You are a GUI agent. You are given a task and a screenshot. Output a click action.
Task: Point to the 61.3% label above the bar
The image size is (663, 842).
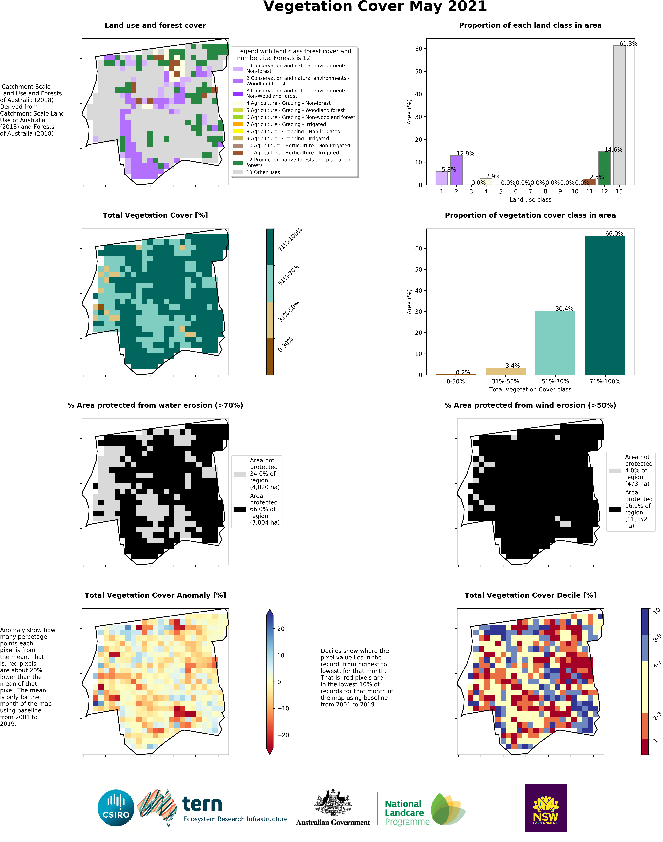[x=628, y=43]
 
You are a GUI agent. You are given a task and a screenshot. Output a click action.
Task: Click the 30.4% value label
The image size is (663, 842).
[x=564, y=309]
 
